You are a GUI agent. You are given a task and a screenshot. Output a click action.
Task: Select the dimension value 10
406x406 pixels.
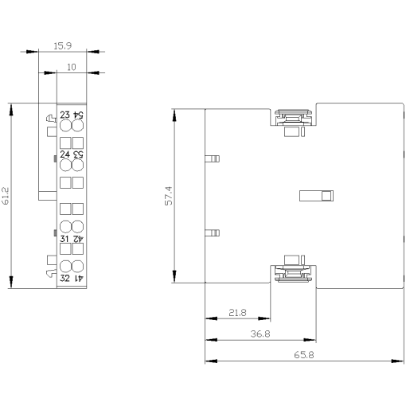72,68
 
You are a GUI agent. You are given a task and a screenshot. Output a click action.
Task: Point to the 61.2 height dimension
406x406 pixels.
6,196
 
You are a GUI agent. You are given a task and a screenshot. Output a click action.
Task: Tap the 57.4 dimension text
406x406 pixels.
168,196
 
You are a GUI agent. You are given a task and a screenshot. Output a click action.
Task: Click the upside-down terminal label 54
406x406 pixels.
78,116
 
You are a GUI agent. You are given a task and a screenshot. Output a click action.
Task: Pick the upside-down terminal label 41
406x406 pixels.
78,276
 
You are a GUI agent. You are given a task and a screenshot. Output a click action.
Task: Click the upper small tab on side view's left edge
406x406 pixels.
211,158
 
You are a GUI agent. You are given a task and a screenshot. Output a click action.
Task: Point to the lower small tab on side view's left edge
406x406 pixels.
211,233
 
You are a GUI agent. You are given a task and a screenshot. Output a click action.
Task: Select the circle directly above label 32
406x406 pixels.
65,265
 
